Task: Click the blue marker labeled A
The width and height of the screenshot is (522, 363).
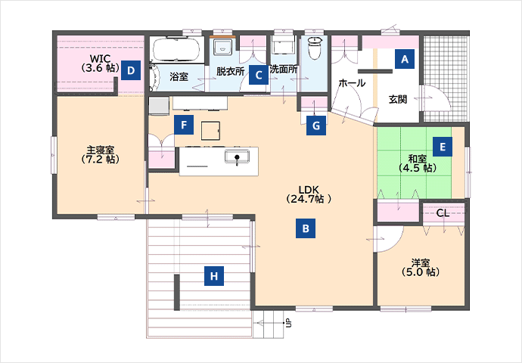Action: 405,59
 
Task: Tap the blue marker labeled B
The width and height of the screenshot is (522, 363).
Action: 306,228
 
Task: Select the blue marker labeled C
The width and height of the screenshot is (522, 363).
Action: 259,75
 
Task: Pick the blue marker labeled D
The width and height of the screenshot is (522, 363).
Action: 131,70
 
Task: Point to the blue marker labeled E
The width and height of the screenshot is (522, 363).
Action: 443,147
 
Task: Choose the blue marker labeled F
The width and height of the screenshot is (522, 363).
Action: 184,125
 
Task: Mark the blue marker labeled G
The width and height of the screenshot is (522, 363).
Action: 316,126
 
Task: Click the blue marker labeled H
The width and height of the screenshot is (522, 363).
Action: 214,276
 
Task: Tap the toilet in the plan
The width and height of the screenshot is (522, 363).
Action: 315,48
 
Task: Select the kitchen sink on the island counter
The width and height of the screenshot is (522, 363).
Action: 237,157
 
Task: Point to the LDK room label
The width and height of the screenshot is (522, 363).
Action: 309,194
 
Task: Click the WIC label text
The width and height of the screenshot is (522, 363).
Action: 100,58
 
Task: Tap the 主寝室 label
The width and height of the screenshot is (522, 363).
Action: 100,150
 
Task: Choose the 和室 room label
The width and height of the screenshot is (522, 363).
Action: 418,159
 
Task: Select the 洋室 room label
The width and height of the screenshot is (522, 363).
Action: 420,263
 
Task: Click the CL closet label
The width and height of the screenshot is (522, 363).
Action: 443,213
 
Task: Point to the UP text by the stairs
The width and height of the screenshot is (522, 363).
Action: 289,322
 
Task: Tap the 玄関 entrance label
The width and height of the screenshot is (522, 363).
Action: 398,99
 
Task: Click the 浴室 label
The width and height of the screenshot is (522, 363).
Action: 179,77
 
